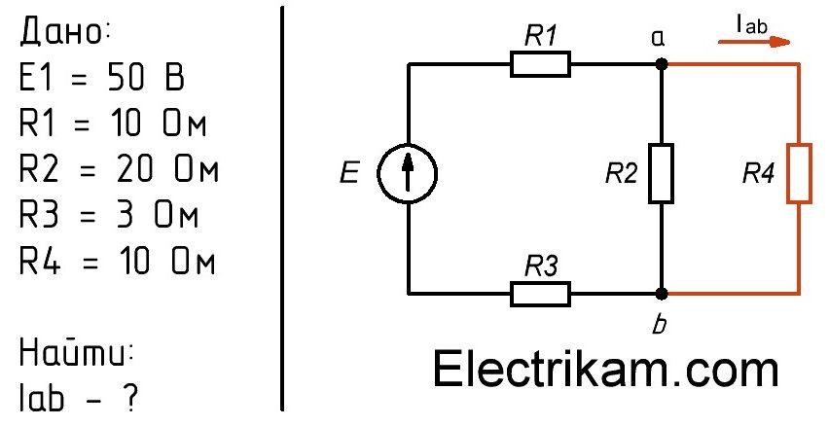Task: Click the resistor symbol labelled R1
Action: point(540,64)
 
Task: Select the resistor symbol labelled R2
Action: point(661,173)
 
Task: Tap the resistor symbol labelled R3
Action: point(540,294)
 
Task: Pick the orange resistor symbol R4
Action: point(798,173)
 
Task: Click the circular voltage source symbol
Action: point(407,173)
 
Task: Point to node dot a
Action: point(661,64)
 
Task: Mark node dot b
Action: point(661,294)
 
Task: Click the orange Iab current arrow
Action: point(754,42)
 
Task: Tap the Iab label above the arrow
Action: point(751,24)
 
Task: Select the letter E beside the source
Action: point(349,172)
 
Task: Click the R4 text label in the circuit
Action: point(758,173)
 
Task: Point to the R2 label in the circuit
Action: point(621,173)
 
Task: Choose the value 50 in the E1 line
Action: point(126,78)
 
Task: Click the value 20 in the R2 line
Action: point(135,170)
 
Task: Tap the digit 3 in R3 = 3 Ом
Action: point(125,216)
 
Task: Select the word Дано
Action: point(64,33)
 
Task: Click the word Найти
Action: point(75,352)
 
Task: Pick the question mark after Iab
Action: point(129,398)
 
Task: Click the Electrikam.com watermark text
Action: point(605,370)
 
